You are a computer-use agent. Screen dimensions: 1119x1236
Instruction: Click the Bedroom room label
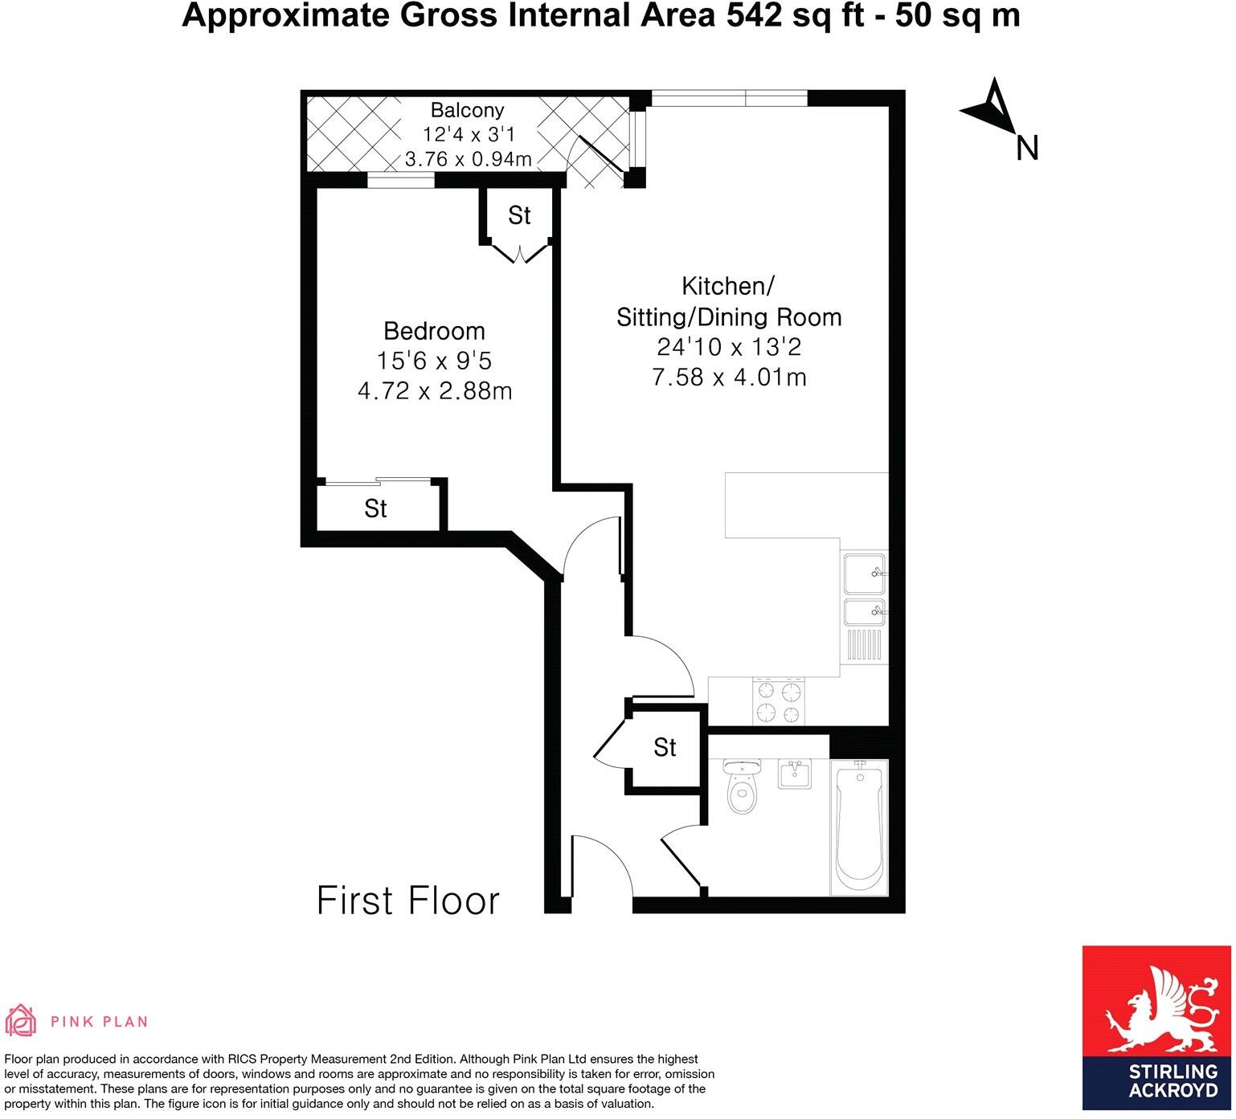point(434,331)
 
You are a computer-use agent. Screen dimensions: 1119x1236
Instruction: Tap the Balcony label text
point(467,110)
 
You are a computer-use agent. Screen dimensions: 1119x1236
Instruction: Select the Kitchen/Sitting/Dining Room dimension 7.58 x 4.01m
point(729,377)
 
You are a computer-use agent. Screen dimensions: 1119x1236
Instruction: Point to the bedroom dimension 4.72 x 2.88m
point(434,391)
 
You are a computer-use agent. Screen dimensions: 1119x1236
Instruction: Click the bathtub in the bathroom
point(859,826)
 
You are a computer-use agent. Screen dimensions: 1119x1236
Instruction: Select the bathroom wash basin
point(796,774)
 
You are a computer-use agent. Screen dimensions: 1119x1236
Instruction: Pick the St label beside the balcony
point(519,215)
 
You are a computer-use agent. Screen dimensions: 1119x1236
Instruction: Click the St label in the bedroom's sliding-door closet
point(375,508)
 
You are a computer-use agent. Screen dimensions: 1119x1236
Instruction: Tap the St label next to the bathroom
point(665,748)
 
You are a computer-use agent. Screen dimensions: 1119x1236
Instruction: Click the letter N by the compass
point(1027,148)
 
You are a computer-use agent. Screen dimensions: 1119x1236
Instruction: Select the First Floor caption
point(408,901)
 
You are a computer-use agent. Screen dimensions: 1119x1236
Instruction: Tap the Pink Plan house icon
point(21,1021)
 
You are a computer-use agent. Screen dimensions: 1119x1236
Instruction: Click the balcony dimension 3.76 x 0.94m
point(468,159)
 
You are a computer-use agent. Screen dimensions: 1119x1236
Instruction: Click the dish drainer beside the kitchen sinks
point(864,644)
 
